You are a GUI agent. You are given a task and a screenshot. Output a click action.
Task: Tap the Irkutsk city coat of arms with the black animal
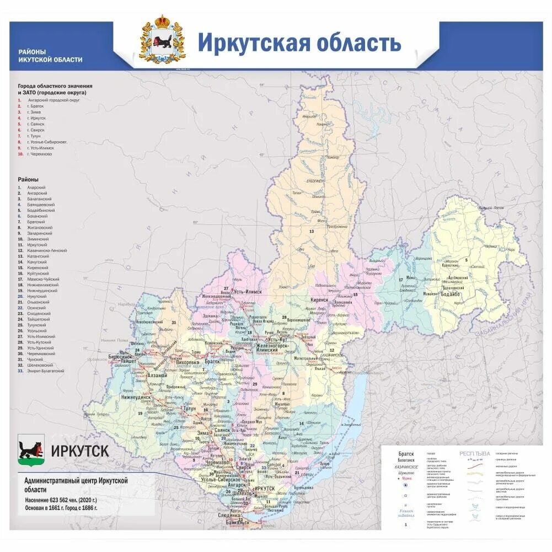tap(31, 450)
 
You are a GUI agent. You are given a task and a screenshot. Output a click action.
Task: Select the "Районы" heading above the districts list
tap(28, 180)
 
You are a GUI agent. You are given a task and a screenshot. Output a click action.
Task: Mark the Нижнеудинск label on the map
tap(136, 396)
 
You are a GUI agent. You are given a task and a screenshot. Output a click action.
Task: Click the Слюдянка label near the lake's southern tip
tap(228, 515)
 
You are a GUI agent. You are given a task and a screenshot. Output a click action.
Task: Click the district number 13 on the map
tap(311, 232)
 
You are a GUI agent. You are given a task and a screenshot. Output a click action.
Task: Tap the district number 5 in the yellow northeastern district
tap(466, 260)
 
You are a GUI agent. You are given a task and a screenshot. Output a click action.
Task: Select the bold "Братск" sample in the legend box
tap(406, 454)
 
